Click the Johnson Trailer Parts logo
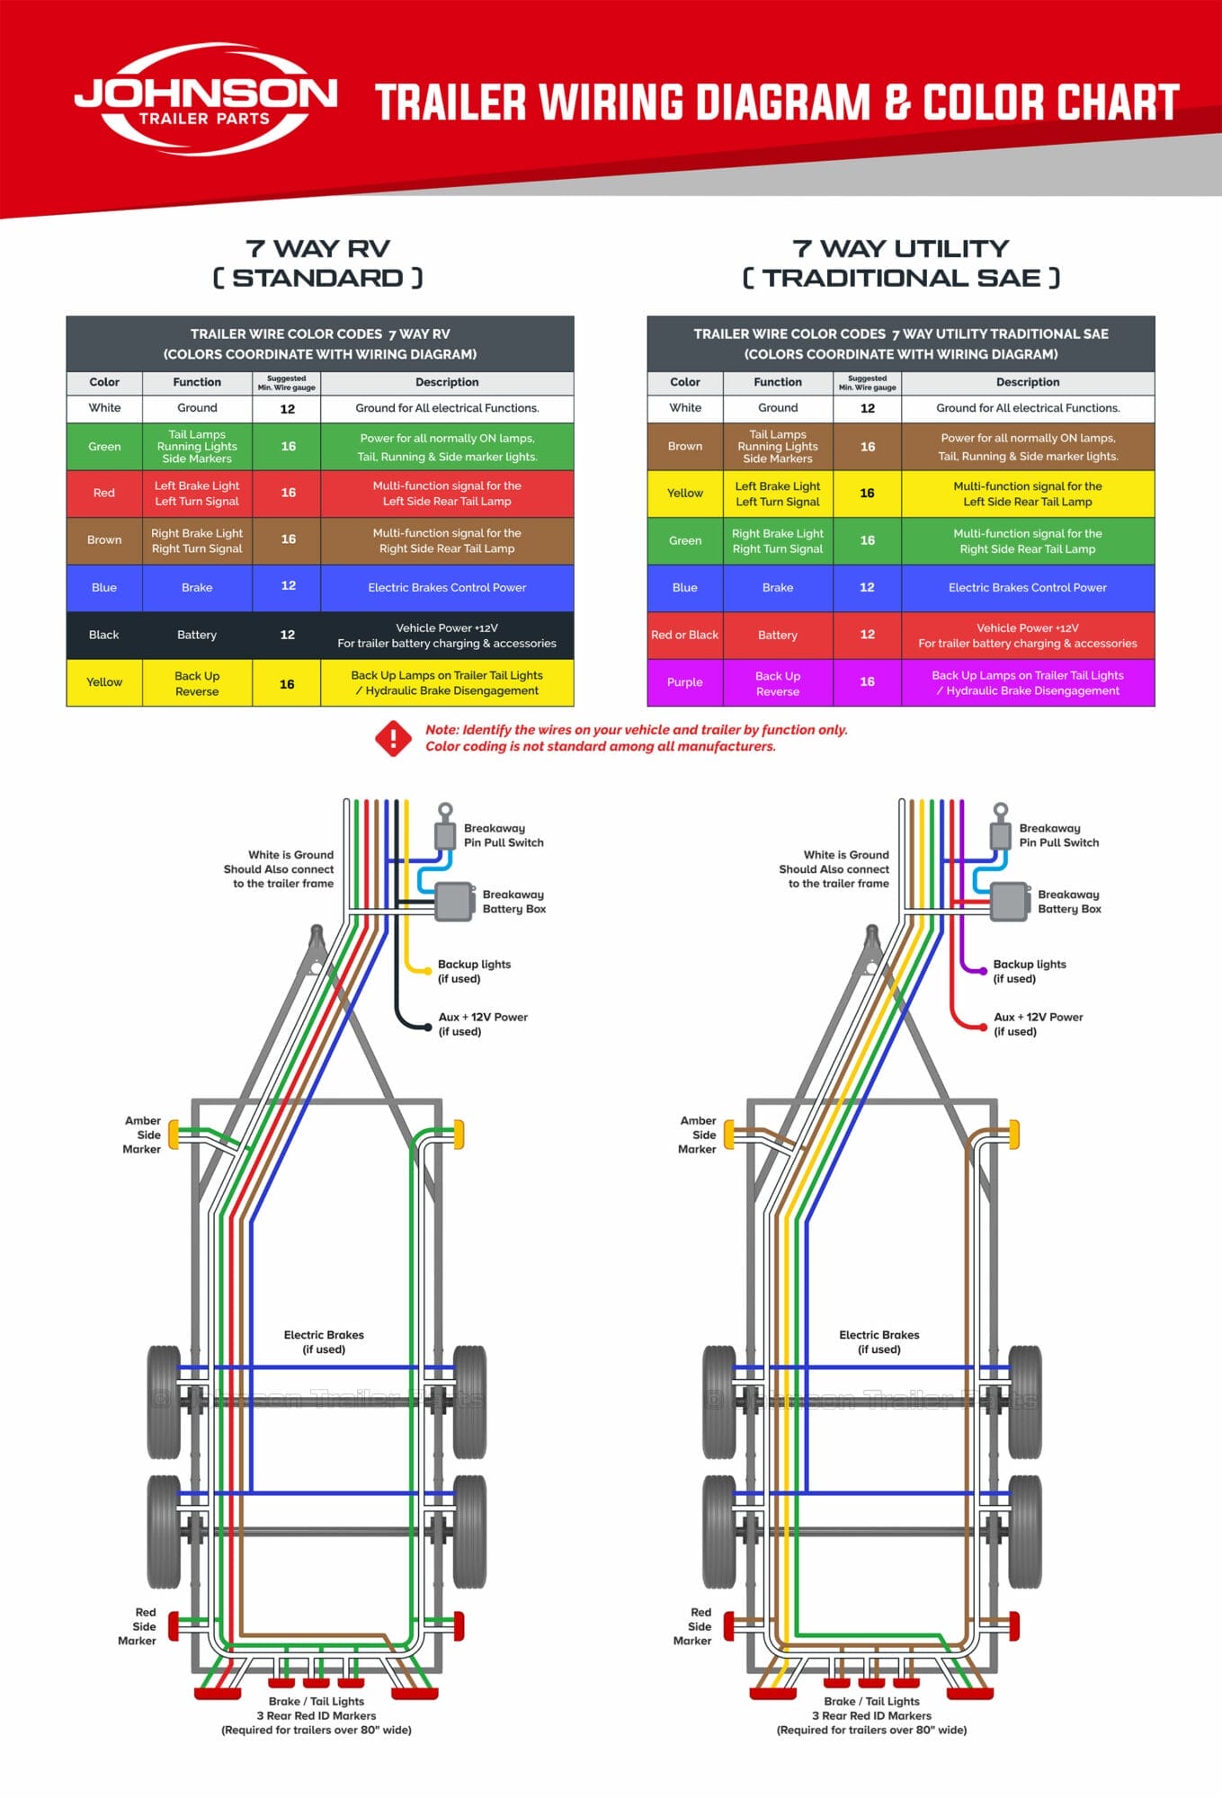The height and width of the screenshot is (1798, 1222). tap(205, 99)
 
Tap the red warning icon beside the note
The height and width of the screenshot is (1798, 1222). tap(393, 738)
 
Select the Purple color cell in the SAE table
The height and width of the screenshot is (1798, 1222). tap(684, 682)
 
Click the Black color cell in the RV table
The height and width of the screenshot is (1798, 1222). tap(104, 635)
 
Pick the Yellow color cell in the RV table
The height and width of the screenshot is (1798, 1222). tap(104, 682)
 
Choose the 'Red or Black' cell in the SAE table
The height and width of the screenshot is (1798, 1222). tap(684, 635)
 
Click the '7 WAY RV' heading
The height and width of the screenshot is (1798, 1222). tap(317, 249)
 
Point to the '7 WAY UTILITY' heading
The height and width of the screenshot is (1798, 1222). tap(900, 249)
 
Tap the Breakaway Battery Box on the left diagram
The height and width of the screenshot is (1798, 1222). tap(455, 902)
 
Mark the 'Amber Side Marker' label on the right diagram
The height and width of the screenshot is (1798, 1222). tap(698, 1135)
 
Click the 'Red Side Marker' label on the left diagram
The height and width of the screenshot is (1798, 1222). tap(138, 1626)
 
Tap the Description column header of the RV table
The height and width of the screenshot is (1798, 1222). tap(447, 382)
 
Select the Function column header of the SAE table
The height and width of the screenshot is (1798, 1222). tap(778, 382)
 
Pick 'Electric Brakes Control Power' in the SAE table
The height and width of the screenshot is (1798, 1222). tap(1028, 588)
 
